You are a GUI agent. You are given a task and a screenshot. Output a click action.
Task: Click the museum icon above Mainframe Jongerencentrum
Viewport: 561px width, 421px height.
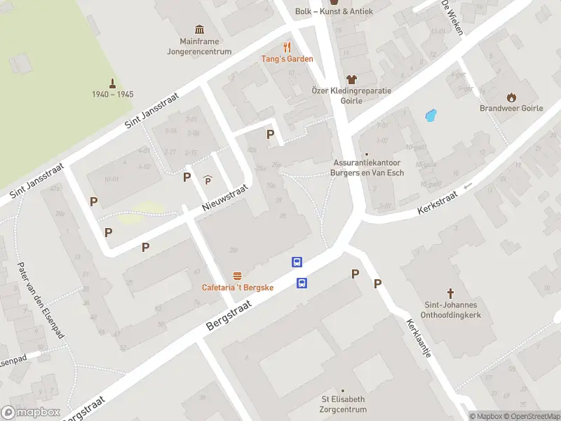(200, 29)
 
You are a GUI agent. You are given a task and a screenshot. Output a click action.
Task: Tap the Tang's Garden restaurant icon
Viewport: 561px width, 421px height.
(287, 47)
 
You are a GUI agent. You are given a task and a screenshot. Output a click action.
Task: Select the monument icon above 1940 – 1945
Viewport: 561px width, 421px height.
(112, 82)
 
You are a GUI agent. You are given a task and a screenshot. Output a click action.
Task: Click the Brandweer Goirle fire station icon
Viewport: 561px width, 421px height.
(511, 97)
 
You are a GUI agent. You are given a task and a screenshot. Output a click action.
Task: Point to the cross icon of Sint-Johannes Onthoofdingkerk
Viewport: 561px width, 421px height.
(451, 293)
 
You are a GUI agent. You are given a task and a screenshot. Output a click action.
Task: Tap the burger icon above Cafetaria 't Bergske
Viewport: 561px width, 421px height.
(238, 276)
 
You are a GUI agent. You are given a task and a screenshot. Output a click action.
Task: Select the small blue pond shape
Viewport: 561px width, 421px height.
(431, 115)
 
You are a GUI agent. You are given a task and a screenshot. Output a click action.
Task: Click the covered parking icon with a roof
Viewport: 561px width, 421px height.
(208, 180)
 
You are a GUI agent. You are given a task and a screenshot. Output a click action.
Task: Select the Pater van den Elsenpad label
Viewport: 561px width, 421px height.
(41, 300)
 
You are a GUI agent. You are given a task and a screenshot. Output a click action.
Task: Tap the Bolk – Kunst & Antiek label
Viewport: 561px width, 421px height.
(334, 11)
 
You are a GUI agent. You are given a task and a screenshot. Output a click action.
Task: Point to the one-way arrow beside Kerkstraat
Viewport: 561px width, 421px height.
(468, 186)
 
